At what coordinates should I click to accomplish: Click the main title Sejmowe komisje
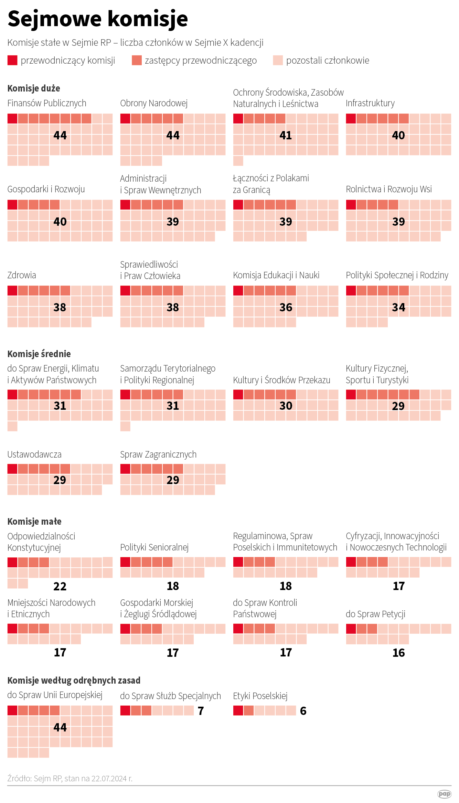[x=98, y=19]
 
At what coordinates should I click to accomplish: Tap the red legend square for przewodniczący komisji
[x=12, y=61]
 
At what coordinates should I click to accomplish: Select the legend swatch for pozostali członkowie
[x=278, y=61]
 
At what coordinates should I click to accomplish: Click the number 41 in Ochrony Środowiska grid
[x=286, y=136]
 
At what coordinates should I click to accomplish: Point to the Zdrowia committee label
[x=22, y=275]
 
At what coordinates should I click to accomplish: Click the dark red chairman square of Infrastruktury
[x=351, y=119]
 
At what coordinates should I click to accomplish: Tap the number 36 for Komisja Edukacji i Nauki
[x=286, y=308]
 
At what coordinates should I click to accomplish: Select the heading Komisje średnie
[x=39, y=354]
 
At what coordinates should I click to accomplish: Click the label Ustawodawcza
[x=34, y=454]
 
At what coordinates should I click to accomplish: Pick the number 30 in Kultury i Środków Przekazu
[x=286, y=406]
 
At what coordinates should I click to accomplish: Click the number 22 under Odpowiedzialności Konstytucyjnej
[x=60, y=586]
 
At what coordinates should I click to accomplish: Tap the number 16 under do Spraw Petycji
[x=398, y=653]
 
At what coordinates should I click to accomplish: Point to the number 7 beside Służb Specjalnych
[x=201, y=711]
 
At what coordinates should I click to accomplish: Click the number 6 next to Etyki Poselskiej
[x=303, y=711]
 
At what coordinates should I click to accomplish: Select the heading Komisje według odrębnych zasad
[x=74, y=681]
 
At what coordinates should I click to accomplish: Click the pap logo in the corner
[x=444, y=794]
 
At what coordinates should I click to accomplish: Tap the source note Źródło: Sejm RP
[x=70, y=779]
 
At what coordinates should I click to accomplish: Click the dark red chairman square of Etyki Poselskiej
[x=238, y=710]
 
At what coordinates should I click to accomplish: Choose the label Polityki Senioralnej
[x=154, y=547]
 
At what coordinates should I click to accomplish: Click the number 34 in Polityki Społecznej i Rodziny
[x=398, y=308]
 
